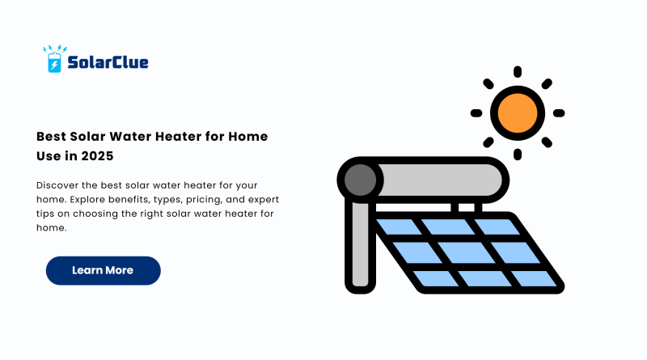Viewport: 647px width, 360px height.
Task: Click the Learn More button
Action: pyautogui.click(x=104, y=270)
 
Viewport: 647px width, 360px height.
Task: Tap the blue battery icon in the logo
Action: pyautogui.click(x=54, y=63)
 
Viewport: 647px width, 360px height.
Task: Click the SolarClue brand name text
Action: pyautogui.click(x=108, y=62)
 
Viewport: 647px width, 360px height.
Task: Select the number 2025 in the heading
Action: pyautogui.click(x=97, y=156)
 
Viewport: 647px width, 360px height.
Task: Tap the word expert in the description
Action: pyautogui.click(x=264, y=200)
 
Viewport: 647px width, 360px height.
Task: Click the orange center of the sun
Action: pyautogui.click(x=518, y=113)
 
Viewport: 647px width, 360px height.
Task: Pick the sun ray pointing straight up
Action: pyautogui.click(x=518, y=72)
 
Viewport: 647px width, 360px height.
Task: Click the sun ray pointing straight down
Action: pyautogui.click(x=518, y=155)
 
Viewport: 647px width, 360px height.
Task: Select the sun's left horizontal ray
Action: pyautogui.click(x=476, y=113)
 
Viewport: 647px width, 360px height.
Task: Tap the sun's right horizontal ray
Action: pyautogui.click(x=559, y=113)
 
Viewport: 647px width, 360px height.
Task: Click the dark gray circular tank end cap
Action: pyautogui.click(x=360, y=180)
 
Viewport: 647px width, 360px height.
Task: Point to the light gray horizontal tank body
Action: pyautogui.click(x=440, y=180)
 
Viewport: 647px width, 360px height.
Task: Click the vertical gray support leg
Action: pyautogui.click(x=360, y=244)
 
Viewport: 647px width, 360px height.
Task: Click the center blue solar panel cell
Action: pyautogui.click(x=467, y=252)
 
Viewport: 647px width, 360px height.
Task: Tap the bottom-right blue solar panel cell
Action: pyautogui.click(x=535, y=278)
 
